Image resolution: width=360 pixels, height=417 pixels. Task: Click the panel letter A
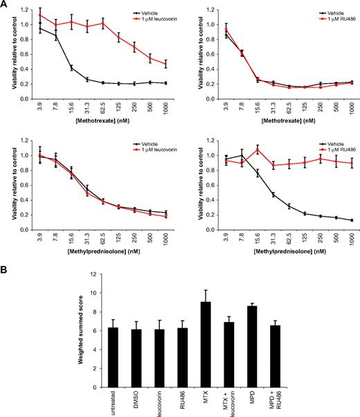pyautogui.click(x=5, y=5)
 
